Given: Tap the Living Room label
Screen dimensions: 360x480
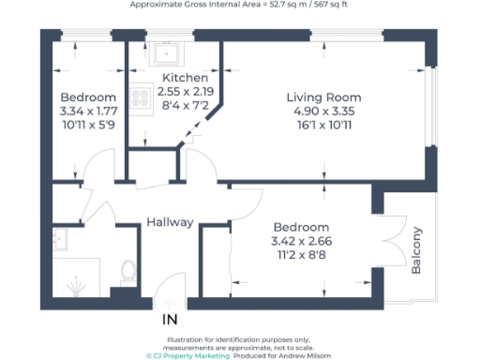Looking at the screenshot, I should pyautogui.click(x=323, y=97).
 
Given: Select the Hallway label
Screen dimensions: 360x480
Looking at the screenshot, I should pyautogui.click(x=170, y=222).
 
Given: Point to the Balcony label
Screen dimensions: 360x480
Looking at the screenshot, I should pyautogui.click(x=417, y=250).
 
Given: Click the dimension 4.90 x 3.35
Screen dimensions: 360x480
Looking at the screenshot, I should pyautogui.click(x=323, y=112).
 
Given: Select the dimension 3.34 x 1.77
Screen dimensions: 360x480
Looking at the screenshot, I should pyautogui.click(x=88, y=112).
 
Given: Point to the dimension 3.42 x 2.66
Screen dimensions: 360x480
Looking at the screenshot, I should pyautogui.click(x=301, y=241).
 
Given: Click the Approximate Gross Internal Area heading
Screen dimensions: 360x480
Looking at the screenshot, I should pyautogui.click(x=240, y=6).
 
